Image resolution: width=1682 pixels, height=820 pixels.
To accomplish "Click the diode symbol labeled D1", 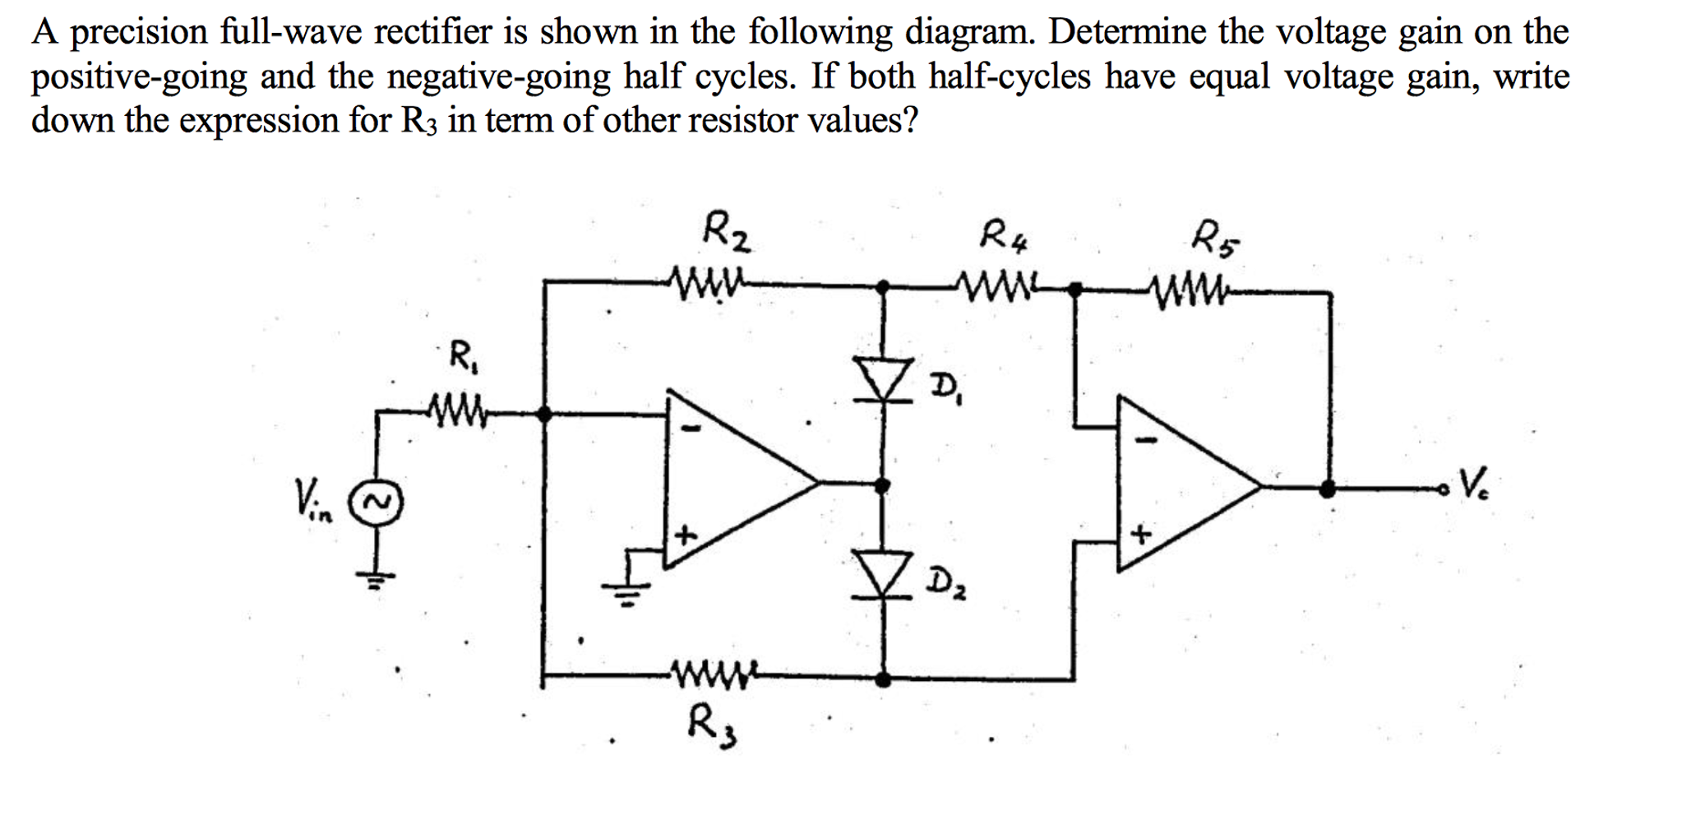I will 883,381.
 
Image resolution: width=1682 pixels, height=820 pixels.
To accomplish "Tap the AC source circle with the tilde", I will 377,501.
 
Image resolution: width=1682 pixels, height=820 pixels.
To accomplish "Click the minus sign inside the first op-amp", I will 693,428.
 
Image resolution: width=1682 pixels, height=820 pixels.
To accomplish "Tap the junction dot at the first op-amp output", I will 882,485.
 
